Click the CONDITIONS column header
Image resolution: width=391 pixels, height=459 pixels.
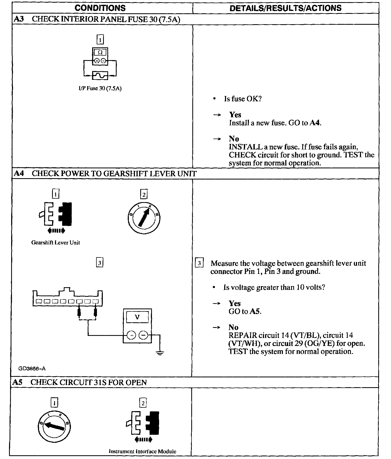pos(100,8)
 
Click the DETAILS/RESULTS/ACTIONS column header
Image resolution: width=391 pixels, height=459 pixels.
pos(286,8)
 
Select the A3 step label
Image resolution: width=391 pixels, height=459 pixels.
pos(19,19)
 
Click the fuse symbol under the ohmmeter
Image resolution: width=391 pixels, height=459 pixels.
pos(100,76)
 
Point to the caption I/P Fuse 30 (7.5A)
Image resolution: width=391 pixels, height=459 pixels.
pos(99,89)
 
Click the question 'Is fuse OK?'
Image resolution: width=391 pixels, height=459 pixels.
pos(243,99)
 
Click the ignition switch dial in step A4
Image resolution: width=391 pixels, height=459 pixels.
pos(144,218)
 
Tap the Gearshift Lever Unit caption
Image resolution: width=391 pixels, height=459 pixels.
pos(56,243)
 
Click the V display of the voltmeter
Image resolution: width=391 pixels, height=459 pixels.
pos(137,317)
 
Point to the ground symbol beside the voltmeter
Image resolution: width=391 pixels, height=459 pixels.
pos(160,353)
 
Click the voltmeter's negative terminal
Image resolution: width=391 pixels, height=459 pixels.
pos(143,336)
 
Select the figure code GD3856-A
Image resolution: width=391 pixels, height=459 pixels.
pos(32,369)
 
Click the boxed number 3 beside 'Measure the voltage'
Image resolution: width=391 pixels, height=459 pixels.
pos(199,263)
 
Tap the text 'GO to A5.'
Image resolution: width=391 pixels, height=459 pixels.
pos(245,311)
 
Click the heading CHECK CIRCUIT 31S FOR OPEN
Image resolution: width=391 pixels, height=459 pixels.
pos(88,382)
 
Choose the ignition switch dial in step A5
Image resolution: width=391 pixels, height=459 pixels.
pos(55,428)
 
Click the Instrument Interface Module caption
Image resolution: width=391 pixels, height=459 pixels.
pos(142,451)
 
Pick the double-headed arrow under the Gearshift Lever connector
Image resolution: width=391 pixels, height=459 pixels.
pos(56,231)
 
